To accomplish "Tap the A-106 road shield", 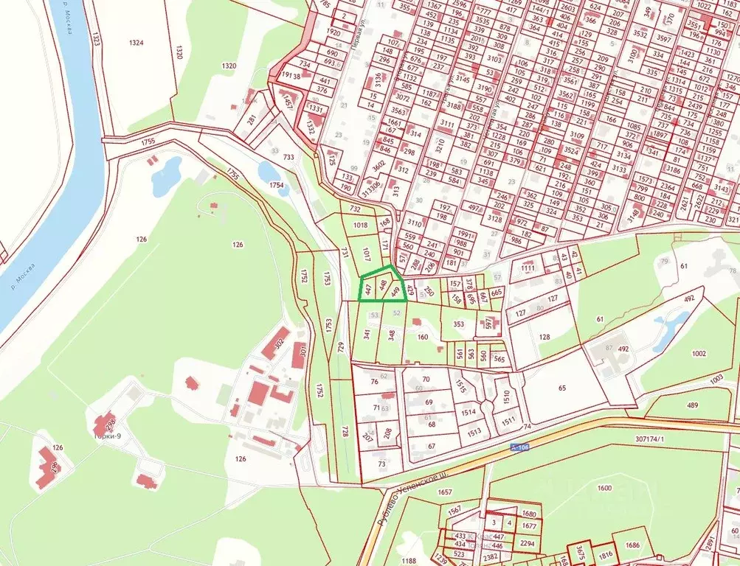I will click(519, 447).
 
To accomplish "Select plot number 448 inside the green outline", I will click(382, 285).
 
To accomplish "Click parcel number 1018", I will click(360, 225).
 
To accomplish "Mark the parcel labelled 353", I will click(459, 324).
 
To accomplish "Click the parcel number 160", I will click(423, 338).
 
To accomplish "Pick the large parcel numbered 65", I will click(562, 388).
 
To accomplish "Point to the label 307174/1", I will click(649, 439).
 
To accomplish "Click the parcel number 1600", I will click(604, 489).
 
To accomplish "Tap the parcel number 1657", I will click(445, 492).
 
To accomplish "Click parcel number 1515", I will click(461, 385).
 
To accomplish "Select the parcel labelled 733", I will click(288, 157).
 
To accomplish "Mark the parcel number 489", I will click(693, 405).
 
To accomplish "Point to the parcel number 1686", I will click(632, 545).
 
